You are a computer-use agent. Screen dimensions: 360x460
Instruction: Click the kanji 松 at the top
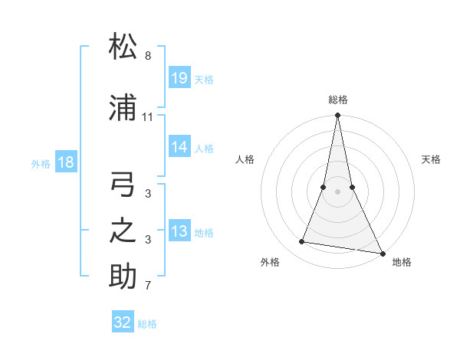[x=123, y=47]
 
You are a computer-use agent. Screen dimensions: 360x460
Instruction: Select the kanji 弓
[x=123, y=186]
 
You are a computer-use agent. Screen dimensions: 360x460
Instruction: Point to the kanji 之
[x=123, y=231]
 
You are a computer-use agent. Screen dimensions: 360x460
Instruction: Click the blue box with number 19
[x=179, y=77]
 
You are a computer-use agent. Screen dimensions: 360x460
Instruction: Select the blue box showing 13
[x=179, y=231]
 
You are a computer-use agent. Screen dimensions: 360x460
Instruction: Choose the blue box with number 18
[x=65, y=162]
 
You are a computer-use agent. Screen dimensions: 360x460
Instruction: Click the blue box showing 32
[x=123, y=322]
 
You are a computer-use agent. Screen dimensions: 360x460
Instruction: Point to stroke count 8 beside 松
[x=148, y=56]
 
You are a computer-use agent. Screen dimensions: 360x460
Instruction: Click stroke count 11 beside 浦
[x=148, y=117]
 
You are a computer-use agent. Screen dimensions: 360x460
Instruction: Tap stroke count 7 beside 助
[x=148, y=286]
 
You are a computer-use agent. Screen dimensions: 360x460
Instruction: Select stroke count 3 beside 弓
[x=148, y=195]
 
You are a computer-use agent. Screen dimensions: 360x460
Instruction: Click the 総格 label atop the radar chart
[x=337, y=100]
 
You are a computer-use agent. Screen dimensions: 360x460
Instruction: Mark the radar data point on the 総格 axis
[x=337, y=116]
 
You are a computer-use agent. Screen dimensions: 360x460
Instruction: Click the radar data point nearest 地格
[x=381, y=253]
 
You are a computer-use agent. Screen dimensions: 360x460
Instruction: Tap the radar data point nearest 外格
[x=302, y=242]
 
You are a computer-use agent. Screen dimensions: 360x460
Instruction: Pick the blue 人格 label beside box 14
[x=204, y=148]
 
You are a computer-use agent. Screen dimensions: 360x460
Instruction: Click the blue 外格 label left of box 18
[x=41, y=163]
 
